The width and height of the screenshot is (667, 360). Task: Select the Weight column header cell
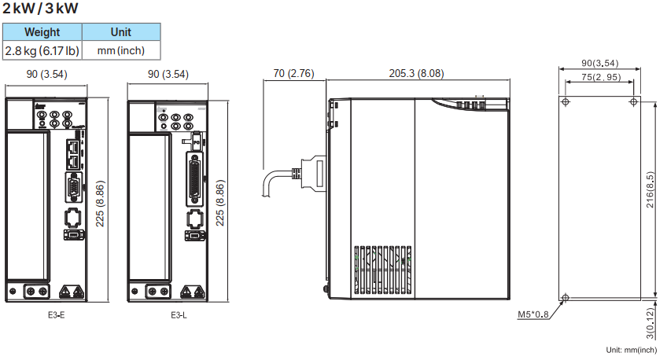(42, 32)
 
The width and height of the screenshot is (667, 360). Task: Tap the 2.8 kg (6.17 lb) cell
(42, 51)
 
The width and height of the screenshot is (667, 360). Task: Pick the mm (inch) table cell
(122, 51)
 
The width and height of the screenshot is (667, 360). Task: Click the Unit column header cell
(122, 32)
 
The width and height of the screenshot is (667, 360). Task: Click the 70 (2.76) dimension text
(294, 74)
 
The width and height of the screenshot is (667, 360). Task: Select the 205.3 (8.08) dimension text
(416, 74)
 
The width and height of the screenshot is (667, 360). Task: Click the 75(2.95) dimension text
(599, 77)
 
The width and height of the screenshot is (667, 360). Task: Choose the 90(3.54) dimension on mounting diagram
(599, 63)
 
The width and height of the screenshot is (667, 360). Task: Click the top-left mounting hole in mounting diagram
(565, 102)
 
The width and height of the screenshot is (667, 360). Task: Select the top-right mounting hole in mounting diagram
(634, 102)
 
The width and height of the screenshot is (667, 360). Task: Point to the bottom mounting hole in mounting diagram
(565, 298)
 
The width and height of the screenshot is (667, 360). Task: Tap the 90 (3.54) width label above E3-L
(168, 75)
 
